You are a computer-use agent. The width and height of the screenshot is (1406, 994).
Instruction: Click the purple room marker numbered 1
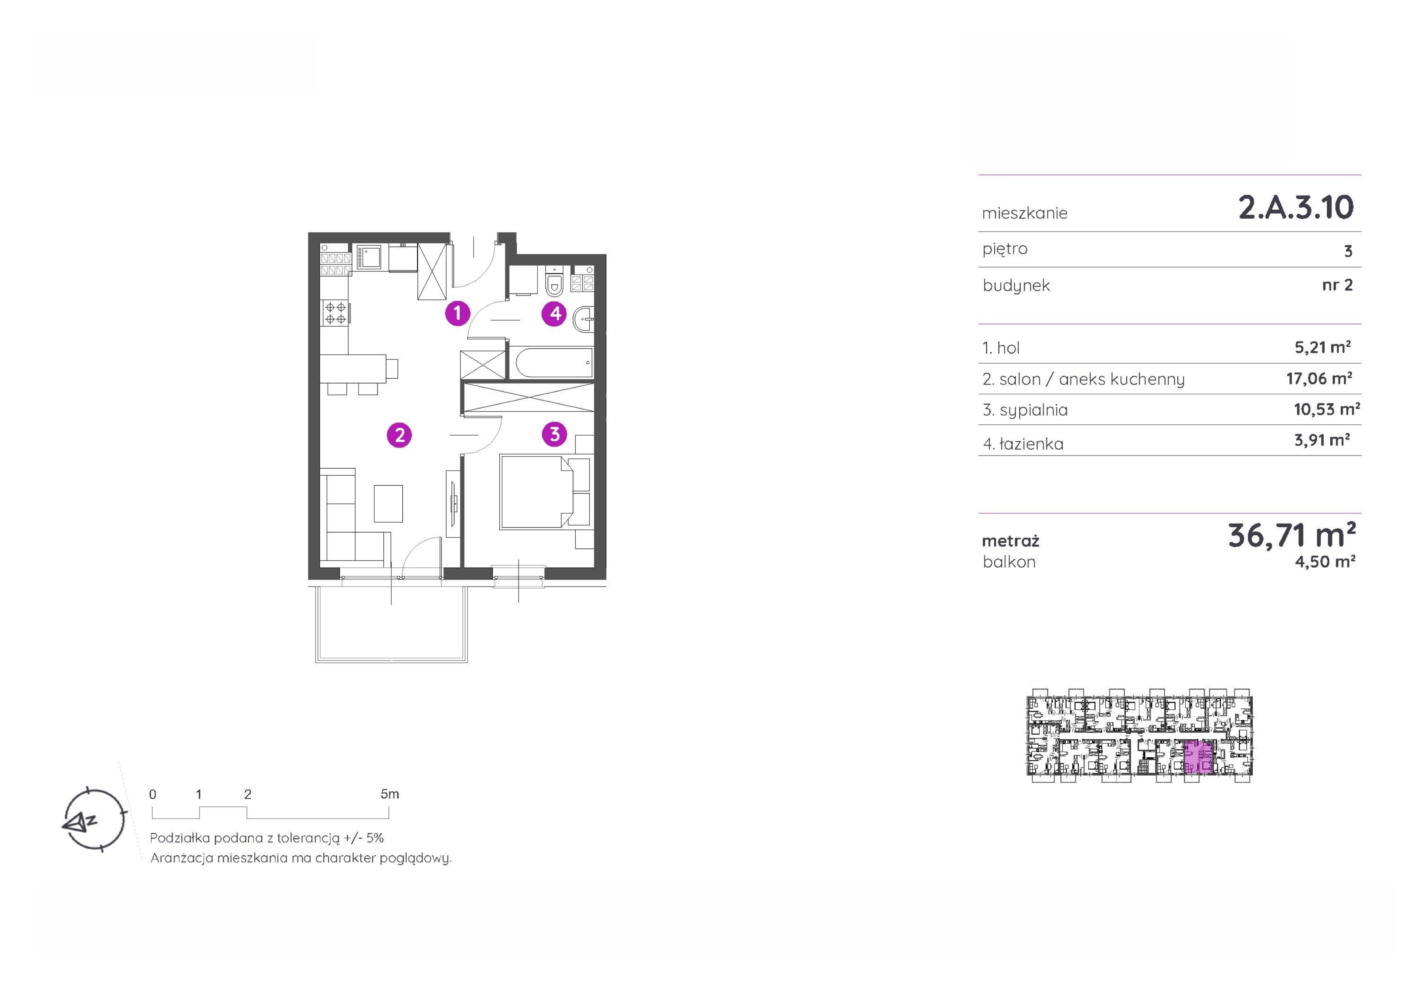(x=457, y=313)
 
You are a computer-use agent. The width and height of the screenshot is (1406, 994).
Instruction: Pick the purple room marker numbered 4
(x=555, y=314)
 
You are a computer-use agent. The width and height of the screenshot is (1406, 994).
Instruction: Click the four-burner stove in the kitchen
(x=335, y=313)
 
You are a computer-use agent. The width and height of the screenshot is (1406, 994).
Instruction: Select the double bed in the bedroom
(x=536, y=491)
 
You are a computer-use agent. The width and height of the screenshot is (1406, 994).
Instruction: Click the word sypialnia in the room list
(x=1034, y=410)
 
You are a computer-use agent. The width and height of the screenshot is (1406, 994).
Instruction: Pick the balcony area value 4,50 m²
(x=1325, y=562)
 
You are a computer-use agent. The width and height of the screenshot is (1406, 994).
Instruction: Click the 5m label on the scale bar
(x=389, y=794)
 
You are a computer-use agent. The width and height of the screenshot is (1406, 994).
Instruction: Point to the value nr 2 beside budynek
(x=1337, y=285)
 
